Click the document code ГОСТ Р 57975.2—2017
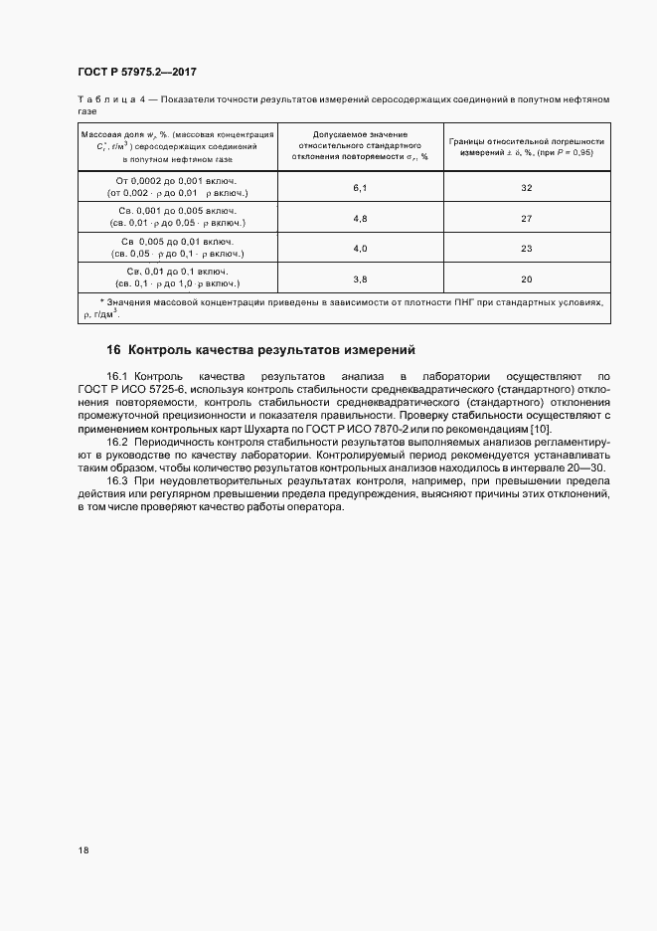(x=143, y=72)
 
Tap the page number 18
(x=82, y=851)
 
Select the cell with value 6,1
(x=360, y=187)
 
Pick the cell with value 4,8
(x=360, y=218)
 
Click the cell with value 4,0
(x=360, y=249)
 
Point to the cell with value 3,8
(x=360, y=279)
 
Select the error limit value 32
(x=527, y=187)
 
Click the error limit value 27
(x=527, y=218)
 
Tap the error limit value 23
(x=527, y=249)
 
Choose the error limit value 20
(x=527, y=279)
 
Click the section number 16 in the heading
(x=113, y=350)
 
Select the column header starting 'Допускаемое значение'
(x=360, y=144)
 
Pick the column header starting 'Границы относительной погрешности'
(x=527, y=145)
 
